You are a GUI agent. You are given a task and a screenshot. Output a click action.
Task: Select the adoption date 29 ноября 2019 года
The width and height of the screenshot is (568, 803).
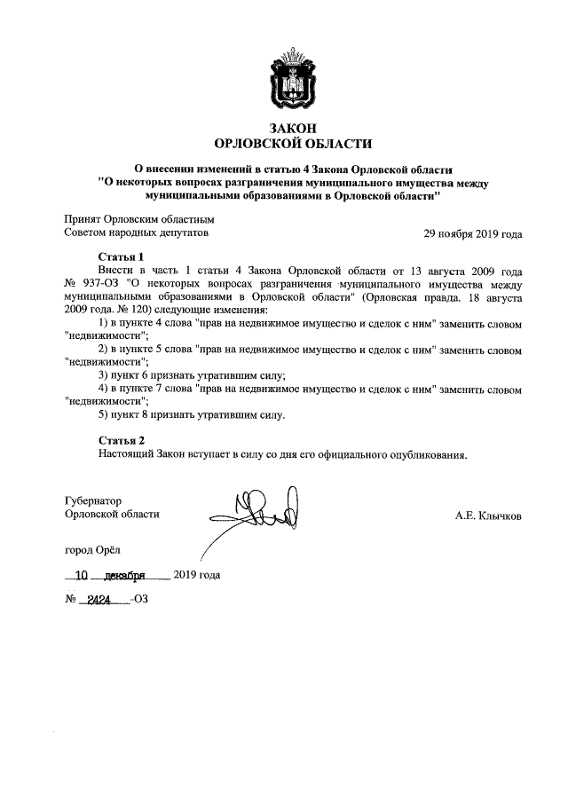tap(473, 234)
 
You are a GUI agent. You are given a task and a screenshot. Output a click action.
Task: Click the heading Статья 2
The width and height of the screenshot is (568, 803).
tap(121, 440)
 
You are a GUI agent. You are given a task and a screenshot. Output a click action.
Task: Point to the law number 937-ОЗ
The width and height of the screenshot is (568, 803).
tap(104, 284)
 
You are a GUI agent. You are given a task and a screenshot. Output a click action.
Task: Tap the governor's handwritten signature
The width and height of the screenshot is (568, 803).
tap(257, 511)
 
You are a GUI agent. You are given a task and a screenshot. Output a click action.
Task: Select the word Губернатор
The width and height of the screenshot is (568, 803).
tap(93, 500)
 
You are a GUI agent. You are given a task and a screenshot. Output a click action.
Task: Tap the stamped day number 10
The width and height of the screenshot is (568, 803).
tap(83, 575)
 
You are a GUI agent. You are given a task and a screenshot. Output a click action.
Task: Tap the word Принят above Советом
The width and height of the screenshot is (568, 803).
tap(83, 219)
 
